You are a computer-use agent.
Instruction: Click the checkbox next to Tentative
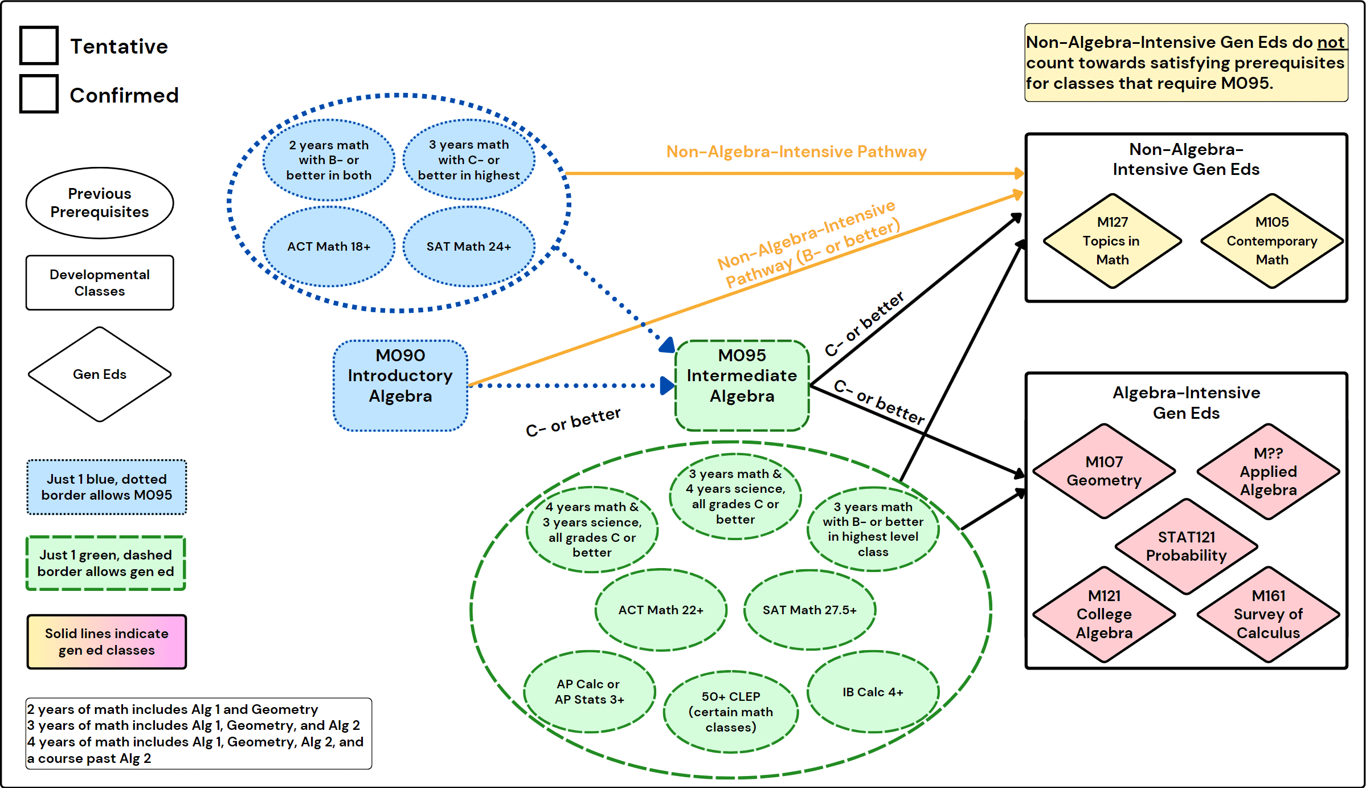[x=39, y=45]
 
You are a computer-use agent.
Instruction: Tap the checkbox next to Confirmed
[x=39, y=94]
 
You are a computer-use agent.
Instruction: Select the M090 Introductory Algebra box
[x=400, y=386]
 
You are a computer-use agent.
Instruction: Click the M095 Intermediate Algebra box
[x=742, y=386]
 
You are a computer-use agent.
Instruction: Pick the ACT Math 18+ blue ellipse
[x=329, y=247]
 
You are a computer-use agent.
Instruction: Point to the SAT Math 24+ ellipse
[x=469, y=247]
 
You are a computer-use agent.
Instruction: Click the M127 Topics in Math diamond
[x=1112, y=241]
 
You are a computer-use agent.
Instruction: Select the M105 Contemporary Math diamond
[x=1271, y=241]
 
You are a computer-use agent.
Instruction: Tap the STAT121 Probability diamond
[x=1186, y=546]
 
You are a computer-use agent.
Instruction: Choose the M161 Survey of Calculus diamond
[x=1268, y=614]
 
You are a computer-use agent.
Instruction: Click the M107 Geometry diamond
[x=1104, y=471]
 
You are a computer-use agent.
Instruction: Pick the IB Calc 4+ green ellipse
[x=873, y=692]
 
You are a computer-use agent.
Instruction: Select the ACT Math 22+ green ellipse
[x=661, y=610]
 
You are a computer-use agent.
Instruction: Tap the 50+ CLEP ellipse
[x=731, y=712]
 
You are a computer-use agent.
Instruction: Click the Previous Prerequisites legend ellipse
[x=100, y=203]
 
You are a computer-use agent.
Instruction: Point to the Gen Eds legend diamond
[x=100, y=374]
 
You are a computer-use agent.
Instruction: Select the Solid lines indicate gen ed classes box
[x=107, y=642]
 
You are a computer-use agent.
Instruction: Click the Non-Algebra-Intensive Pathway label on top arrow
[x=796, y=152]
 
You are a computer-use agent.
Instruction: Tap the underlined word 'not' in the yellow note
[x=1331, y=43]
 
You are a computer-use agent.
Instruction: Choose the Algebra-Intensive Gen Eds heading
[x=1186, y=403]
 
